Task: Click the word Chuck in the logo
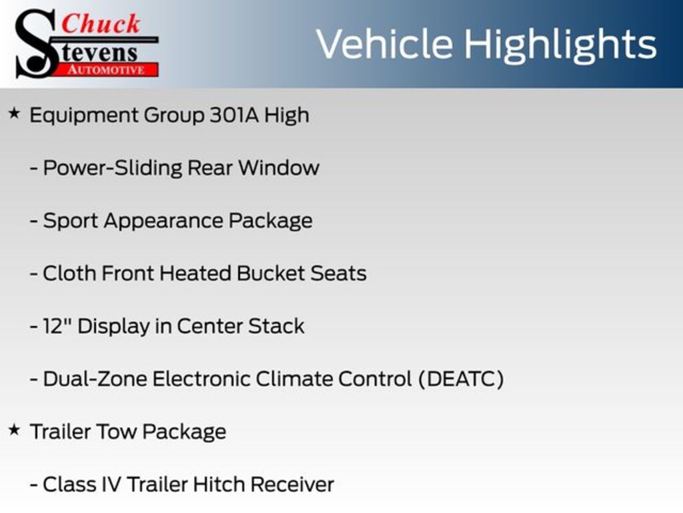pos(101,23)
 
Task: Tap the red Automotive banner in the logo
pos(107,69)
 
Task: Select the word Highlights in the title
pos(560,45)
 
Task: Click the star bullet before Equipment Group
pos(15,114)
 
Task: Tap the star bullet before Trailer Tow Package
pos(15,430)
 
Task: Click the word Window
pos(279,168)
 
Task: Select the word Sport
pos(70,221)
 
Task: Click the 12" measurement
pos(57,326)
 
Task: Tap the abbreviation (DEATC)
pos(461,379)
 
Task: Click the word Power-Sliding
pos(112,168)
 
